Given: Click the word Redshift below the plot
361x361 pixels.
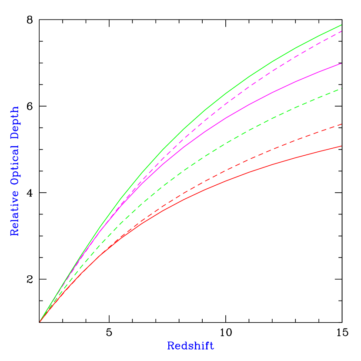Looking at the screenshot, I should pos(191,346).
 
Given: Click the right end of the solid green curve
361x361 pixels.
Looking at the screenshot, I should pos(341,25).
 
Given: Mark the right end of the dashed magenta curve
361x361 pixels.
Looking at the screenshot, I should pos(341,31).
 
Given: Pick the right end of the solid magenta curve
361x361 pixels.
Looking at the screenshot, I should pos(341,64).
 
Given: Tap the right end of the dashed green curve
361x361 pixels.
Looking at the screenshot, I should pos(341,88).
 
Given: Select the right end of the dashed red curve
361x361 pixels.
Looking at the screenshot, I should pos(341,124).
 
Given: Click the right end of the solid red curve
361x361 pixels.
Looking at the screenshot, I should pos(341,146).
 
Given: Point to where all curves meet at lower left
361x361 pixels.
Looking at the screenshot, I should pos(40,321).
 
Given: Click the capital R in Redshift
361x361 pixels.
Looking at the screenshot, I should pos(170,346).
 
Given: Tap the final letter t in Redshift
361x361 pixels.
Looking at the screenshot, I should pos(211,346).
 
